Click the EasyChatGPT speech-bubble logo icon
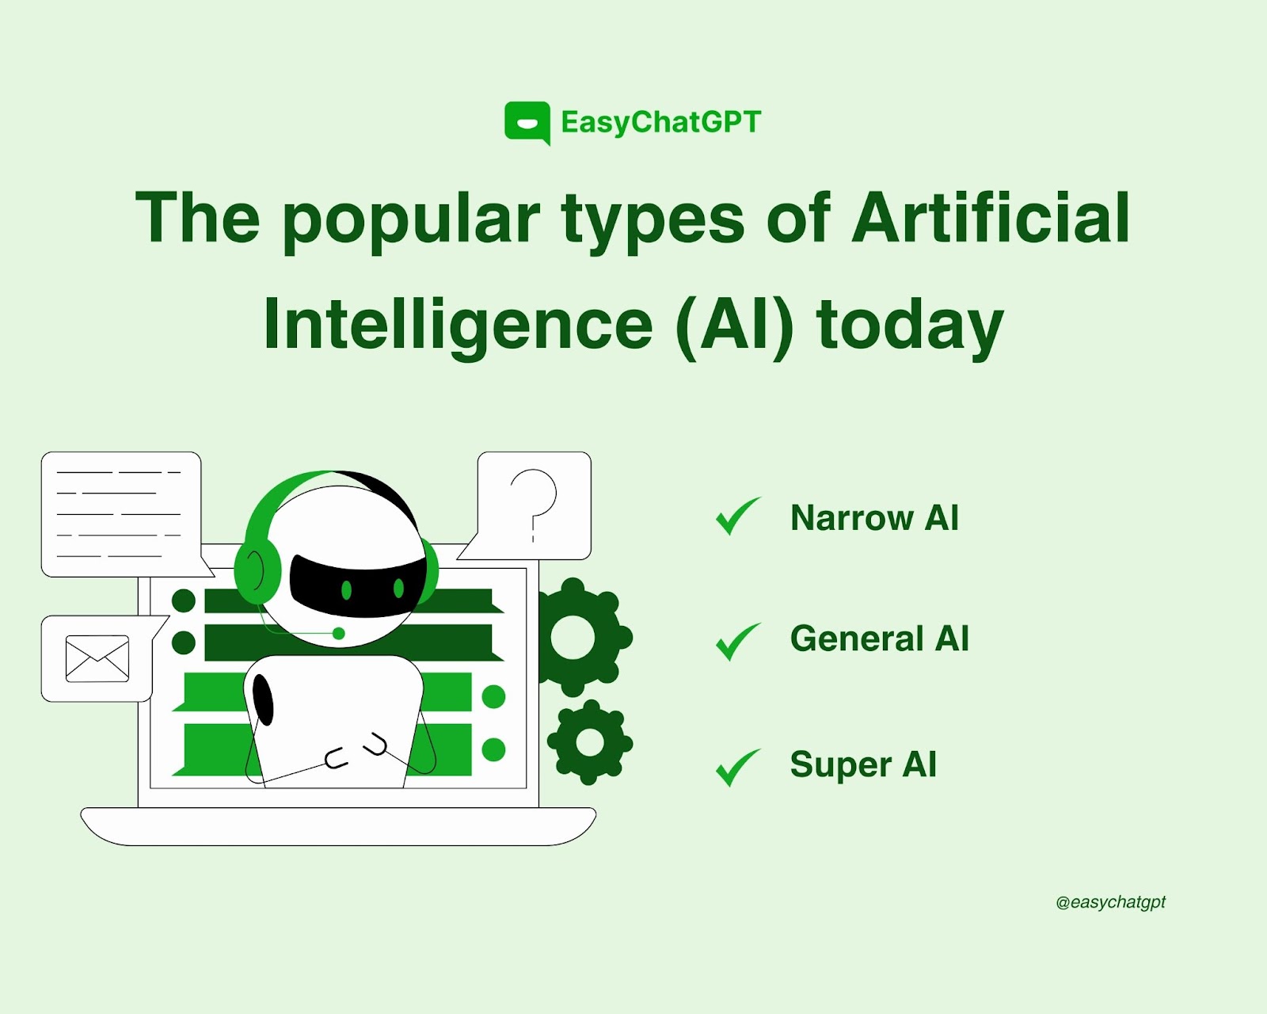tap(527, 123)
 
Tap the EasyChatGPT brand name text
tap(661, 123)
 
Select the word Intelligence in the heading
tap(458, 326)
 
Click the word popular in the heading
tap(410, 222)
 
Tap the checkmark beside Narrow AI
tap(738, 516)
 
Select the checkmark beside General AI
tap(738, 642)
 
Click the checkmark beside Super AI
tap(738, 768)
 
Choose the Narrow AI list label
tap(874, 518)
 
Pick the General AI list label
tap(880, 639)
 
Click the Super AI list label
tap(863, 764)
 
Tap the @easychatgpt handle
tap(1110, 902)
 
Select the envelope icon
tap(97, 659)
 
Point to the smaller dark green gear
tap(590, 742)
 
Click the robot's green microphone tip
tap(339, 634)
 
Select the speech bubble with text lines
tap(124, 514)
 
